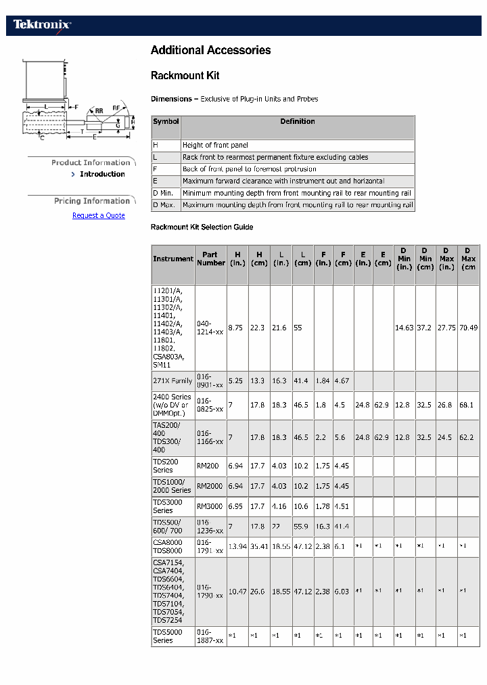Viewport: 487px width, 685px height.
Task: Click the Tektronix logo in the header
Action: click(x=42, y=25)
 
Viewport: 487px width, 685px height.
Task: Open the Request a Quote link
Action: click(x=99, y=215)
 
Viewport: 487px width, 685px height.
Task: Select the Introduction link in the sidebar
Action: click(x=102, y=174)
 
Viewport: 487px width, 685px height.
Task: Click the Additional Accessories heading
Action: click(x=210, y=50)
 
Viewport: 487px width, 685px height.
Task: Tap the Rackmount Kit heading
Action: click(x=185, y=75)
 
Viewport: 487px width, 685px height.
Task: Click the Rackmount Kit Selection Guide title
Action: click(x=202, y=227)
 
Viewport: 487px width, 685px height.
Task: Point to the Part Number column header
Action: click(x=210, y=259)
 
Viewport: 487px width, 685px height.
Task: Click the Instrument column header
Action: click(x=173, y=259)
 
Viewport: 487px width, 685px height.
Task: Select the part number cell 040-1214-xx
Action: click(x=210, y=328)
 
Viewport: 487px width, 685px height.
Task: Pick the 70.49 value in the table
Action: click(x=468, y=328)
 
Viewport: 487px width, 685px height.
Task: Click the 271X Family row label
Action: click(x=172, y=381)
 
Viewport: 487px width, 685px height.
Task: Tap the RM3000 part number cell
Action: click(x=210, y=506)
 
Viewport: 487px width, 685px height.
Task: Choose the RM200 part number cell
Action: click(x=208, y=466)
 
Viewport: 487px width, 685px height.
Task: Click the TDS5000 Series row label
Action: click(x=167, y=636)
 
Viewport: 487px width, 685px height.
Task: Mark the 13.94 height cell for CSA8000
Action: click(x=237, y=546)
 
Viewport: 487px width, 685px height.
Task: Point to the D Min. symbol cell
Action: click(x=164, y=193)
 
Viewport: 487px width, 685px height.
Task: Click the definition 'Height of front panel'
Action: click(x=215, y=145)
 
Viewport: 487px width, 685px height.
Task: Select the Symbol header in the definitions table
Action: click(x=166, y=122)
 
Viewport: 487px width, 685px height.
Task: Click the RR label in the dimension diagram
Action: click(x=99, y=110)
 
